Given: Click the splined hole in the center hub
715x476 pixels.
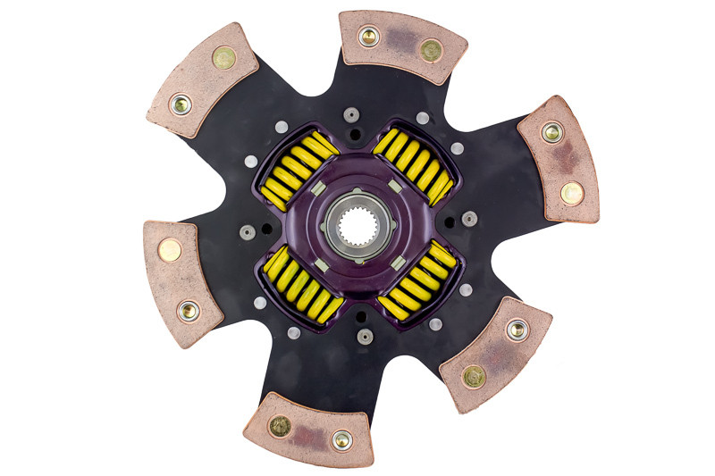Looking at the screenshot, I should point(357,232).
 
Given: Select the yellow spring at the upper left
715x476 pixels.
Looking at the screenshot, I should point(299,171).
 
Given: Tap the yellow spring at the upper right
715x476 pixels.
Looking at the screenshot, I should point(414,163).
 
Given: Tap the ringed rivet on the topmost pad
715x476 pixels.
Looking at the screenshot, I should point(368,37).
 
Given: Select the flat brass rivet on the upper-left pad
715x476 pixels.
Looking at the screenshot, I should point(223,58).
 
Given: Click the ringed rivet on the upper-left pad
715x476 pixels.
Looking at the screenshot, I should point(181,104).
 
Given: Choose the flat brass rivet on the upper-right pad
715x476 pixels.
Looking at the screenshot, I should point(571,192).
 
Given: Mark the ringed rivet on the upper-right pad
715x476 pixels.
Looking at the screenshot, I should point(552,133).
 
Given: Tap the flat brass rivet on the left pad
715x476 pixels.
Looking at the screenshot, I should point(169,250).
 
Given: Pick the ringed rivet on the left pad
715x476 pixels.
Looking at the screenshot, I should point(189,311).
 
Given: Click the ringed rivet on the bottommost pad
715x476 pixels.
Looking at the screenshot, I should point(341,438).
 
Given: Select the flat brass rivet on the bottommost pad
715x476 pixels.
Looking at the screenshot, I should point(281,426).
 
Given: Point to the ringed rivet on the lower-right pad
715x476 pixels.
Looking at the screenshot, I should point(517,330).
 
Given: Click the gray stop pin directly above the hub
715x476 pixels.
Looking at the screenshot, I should point(351,114).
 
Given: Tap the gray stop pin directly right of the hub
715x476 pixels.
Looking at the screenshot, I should point(469,219).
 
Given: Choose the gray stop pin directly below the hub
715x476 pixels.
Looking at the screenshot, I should point(364,337).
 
